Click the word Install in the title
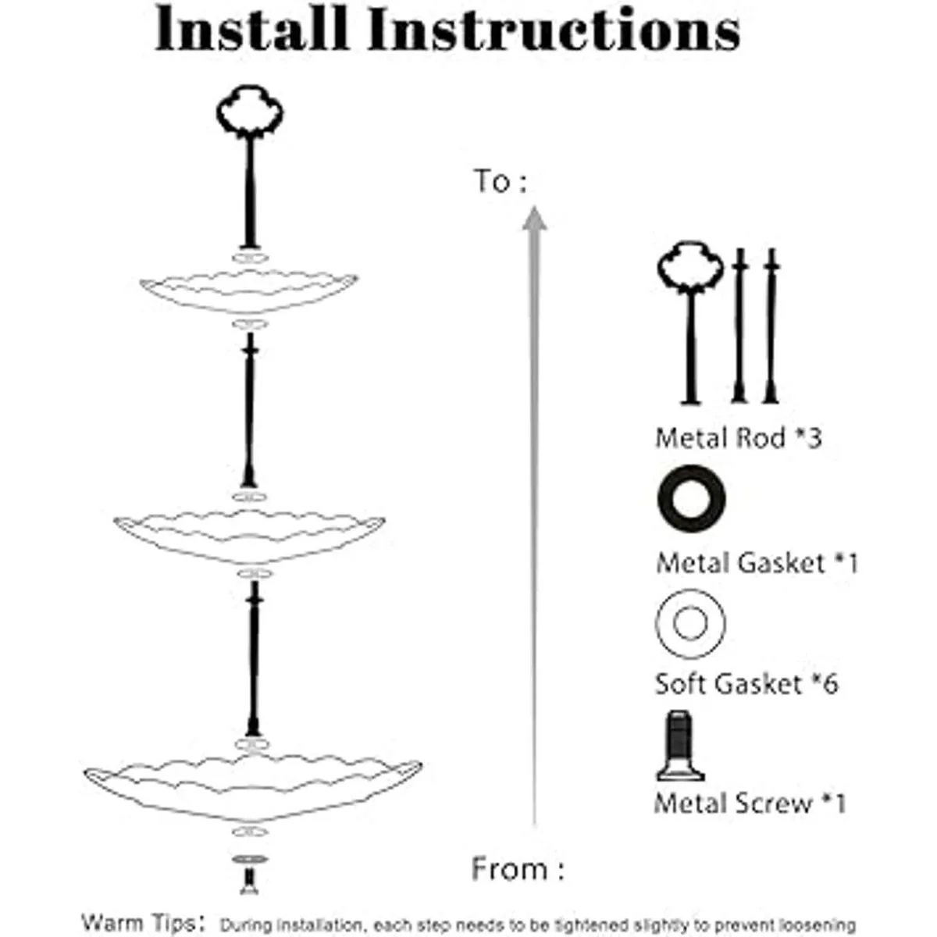[x=251, y=28]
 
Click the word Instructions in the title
[x=554, y=29]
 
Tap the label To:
[x=500, y=181]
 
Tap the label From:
[x=518, y=869]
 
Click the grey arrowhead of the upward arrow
[x=534, y=219]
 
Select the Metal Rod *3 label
[x=738, y=437]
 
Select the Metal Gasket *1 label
[x=757, y=563]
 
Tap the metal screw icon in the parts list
[x=680, y=746]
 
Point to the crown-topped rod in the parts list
[x=690, y=340]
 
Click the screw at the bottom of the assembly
[x=250, y=877]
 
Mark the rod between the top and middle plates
[x=250, y=411]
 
